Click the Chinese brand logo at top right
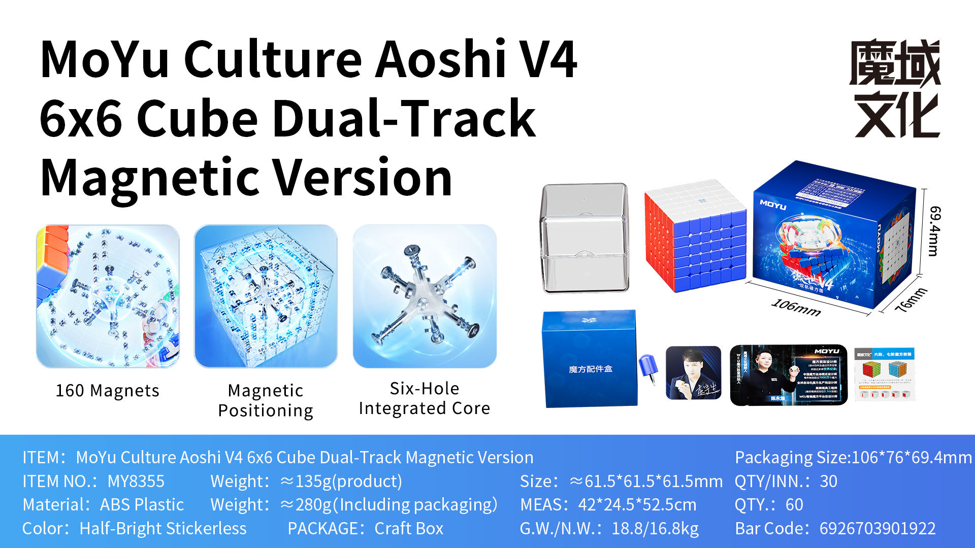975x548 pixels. click(895, 88)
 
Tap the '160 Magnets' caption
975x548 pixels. click(107, 391)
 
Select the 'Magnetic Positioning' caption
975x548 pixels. click(266, 400)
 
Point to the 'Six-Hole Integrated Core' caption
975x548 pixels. click(424, 398)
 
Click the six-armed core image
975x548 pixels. click(425, 296)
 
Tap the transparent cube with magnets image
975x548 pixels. click(266, 296)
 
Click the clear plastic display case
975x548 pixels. click(585, 238)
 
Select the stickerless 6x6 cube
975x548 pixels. click(695, 236)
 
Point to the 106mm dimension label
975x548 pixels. click(796, 307)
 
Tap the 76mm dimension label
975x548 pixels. click(911, 300)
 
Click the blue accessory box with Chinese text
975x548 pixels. click(590, 359)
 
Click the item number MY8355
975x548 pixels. click(136, 481)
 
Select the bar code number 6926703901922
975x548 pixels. click(877, 528)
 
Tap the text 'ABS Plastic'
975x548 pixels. click(142, 505)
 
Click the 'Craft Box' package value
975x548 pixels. click(409, 528)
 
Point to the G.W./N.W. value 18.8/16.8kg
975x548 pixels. click(655, 528)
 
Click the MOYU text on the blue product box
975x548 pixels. click(773, 205)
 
